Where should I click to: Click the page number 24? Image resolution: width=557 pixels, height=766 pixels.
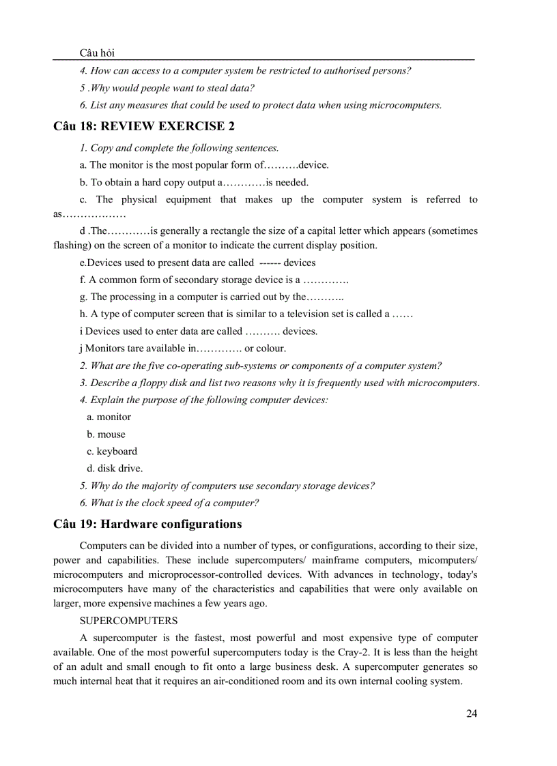[472, 713]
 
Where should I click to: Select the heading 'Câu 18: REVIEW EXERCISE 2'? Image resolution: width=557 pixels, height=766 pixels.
[144, 126]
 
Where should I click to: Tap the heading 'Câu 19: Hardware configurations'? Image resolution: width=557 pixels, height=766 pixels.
[147, 525]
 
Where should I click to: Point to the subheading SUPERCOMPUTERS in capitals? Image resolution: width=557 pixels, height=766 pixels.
[128, 621]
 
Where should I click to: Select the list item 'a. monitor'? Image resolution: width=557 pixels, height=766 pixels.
[109, 417]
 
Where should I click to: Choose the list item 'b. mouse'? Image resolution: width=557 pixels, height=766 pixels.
[106, 434]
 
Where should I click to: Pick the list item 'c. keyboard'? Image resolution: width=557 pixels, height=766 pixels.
[111, 452]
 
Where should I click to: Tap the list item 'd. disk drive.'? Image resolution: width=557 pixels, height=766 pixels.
[115, 469]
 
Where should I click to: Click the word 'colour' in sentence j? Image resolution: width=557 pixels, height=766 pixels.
[261, 348]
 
